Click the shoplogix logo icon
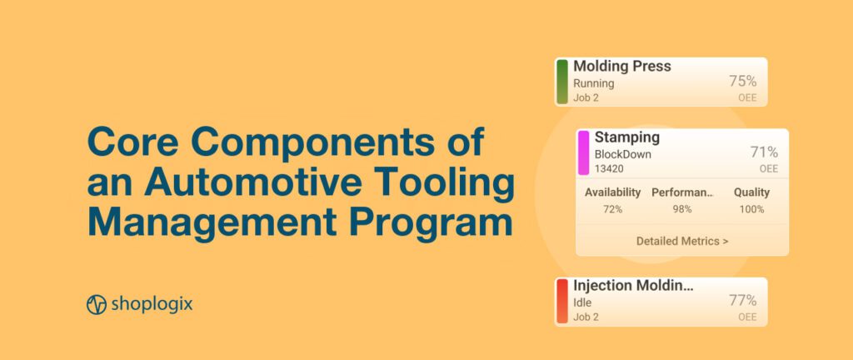click(x=97, y=304)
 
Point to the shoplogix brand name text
click(x=151, y=304)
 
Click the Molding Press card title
click(x=621, y=67)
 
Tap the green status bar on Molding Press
click(x=562, y=82)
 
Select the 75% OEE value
click(x=742, y=81)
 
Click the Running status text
click(x=593, y=83)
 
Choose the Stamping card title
click(x=626, y=137)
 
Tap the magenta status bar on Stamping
click(x=583, y=152)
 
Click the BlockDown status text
click(x=622, y=154)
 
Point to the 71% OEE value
click(x=764, y=152)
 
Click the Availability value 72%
click(x=612, y=209)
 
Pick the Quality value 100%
click(x=751, y=209)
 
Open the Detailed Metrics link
click(x=682, y=242)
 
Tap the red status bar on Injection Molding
click(x=562, y=301)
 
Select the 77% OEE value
click(x=742, y=301)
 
